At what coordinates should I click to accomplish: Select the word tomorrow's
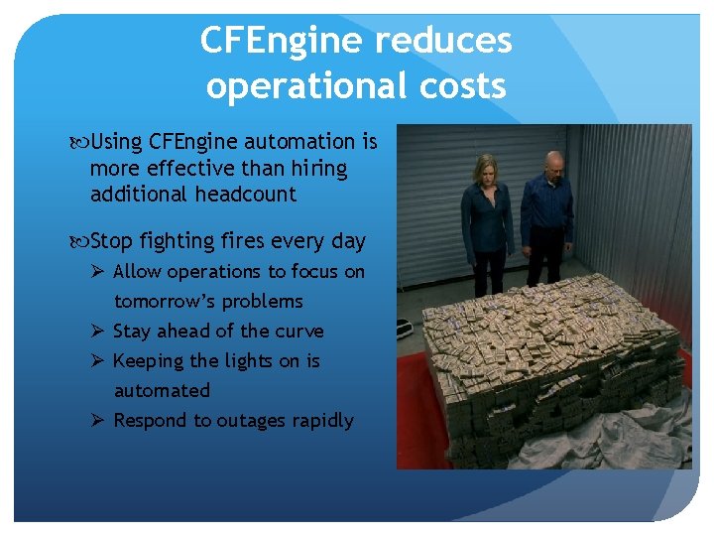pos(165,301)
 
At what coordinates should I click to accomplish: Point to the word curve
pos(298,332)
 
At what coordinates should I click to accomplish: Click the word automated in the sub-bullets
pos(162,391)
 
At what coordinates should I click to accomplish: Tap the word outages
pos(250,421)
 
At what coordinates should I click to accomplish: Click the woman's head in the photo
pos(486,170)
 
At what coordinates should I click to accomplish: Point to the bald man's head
pos(551,158)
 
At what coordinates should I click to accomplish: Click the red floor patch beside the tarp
pos(408,437)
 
